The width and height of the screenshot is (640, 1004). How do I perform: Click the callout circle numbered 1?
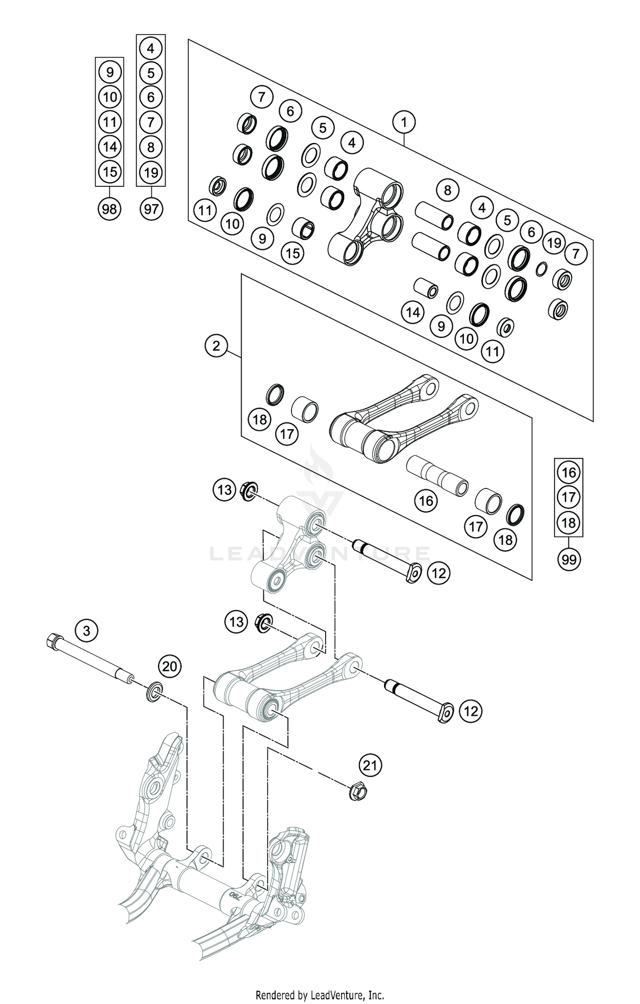[404, 122]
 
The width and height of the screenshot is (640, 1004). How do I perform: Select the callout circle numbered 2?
[216, 345]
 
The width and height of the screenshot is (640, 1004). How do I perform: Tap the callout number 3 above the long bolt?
[87, 630]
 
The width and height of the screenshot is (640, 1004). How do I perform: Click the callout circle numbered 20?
[170, 666]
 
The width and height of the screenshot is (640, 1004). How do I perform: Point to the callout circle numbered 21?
[370, 766]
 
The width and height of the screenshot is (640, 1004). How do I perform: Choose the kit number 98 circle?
[110, 209]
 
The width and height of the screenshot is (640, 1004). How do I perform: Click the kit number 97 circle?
[151, 209]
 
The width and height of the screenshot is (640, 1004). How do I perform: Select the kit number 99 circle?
[569, 559]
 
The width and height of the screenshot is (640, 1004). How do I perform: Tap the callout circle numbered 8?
[447, 190]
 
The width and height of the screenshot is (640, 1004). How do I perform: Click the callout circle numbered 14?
[413, 313]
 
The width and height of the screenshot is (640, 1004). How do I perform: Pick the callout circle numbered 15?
[292, 253]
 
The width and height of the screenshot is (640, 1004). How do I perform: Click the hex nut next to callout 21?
[358, 792]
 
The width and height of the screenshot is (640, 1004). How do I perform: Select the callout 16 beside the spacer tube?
[426, 501]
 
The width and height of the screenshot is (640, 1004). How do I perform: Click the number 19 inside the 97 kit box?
[151, 173]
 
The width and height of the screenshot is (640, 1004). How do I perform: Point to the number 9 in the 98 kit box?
[110, 72]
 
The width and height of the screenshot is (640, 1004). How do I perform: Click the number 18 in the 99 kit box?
[569, 522]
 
